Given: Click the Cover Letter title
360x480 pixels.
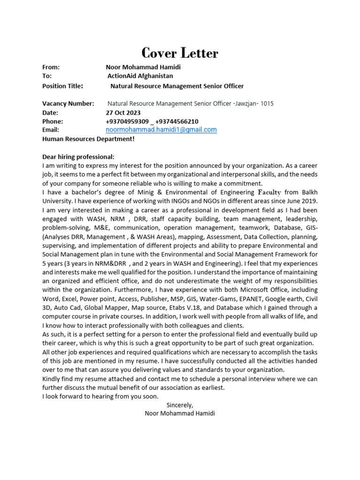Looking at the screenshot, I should [x=180, y=53].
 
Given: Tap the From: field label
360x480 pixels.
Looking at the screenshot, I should [x=51, y=67].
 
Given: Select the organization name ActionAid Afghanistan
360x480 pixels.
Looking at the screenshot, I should [x=140, y=75].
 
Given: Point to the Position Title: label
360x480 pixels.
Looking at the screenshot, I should [x=63, y=86].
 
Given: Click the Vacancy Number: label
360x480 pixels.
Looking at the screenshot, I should [x=68, y=104].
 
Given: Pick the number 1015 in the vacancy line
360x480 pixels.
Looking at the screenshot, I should [x=267, y=104].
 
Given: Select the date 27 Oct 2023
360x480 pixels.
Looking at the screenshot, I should [x=123, y=112].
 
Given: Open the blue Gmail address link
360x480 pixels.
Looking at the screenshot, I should [x=161, y=130].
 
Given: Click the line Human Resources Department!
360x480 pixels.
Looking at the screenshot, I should [x=88, y=139].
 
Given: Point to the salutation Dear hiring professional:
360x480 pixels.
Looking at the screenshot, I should [x=78, y=157].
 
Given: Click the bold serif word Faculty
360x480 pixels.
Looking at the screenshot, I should [x=270, y=192].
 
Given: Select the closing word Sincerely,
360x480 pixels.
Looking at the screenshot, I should [x=180, y=405].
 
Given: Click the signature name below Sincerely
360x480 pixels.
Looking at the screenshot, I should [x=180, y=414].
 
